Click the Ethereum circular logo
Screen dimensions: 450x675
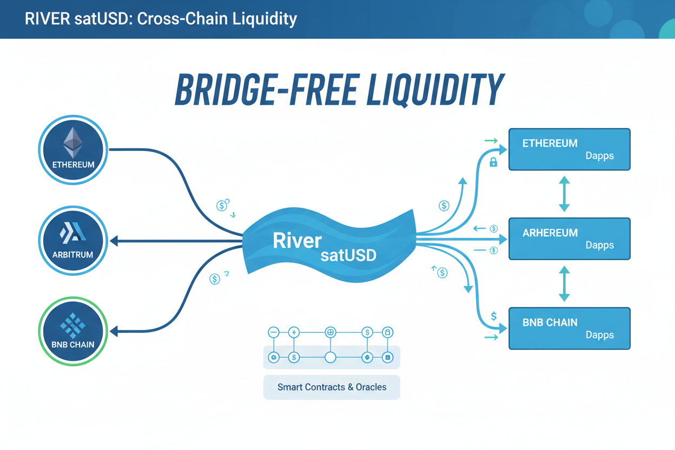tap(73, 149)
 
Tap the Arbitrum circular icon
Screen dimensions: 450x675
tap(73, 240)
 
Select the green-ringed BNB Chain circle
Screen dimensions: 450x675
tap(73, 330)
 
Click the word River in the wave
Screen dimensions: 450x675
tap(297, 241)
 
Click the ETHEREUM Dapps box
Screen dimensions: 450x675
tap(569, 149)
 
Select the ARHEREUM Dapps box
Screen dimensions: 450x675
tap(569, 239)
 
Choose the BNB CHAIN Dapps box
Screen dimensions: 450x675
tap(569, 328)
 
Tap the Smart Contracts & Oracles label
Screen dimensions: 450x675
tap(332, 387)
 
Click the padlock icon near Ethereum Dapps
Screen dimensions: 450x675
tap(493, 162)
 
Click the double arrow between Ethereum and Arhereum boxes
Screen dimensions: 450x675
tap(564, 194)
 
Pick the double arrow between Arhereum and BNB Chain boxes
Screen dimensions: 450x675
tap(564, 283)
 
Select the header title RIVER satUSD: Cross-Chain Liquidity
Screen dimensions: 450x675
tap(161, 19)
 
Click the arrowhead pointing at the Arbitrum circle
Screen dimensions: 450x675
tap(114, 241)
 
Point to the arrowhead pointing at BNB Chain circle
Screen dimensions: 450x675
tap(114, 331)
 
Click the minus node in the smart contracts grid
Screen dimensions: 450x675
tap(274, 332)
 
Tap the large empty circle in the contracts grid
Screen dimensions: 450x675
tap(330, 358)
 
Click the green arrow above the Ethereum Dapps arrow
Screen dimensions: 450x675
tap(491, 141)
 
